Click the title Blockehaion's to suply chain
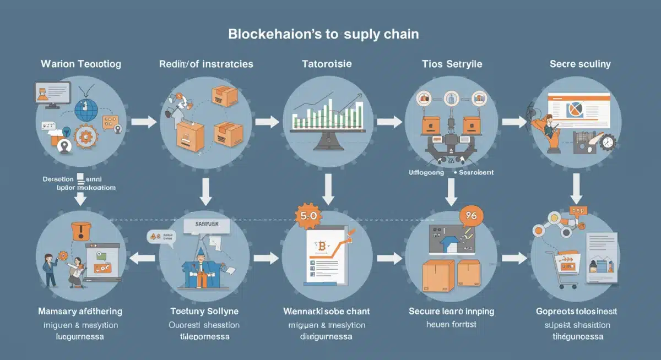point(323,34)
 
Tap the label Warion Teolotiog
point(80,64)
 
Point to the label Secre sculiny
point(580,64)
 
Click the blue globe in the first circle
point(85,110)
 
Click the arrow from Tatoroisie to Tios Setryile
point(389,121)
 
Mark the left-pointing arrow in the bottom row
point(141,257)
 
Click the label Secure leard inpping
point(452,311)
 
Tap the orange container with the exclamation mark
point(81,231)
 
